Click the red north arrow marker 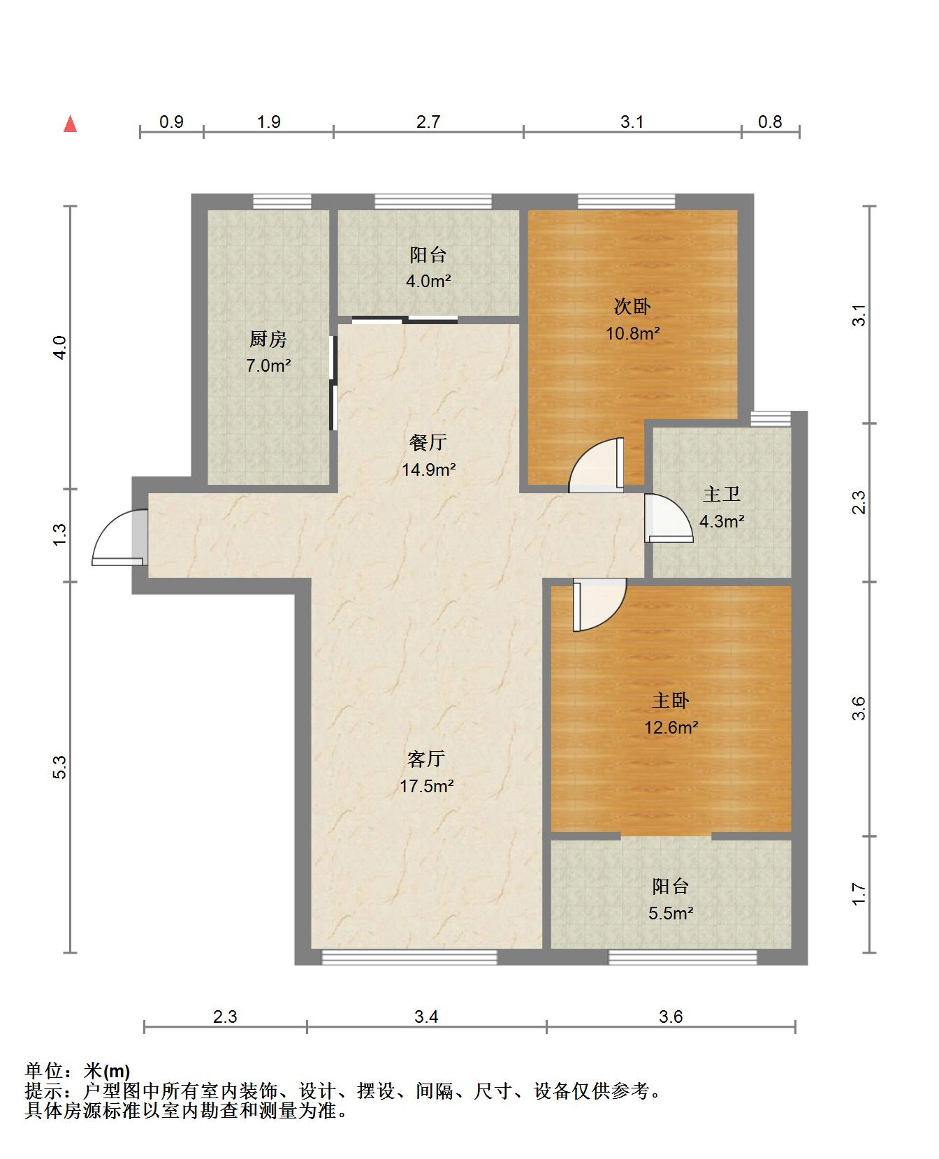pyautogui.click(x=70, y=124)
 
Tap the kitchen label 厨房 pyautogui.click(x=268, y=340)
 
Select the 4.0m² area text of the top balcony pyautogui.click(x=429, y=282)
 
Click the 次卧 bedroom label pyautogui.click(x=632, y=306)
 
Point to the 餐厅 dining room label pyautogui.click(x=428, y=442)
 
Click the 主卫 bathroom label pyautogui.click(x=722, y=495)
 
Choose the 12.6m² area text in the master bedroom pyautogui.click(x=671, y=728)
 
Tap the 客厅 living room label pyautogui.click(x=426, y=759)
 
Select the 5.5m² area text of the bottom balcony pyautogui.click(x=671, y=913)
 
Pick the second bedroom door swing pyautogui.click(x=596, y=465)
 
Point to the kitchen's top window pyautogui.click(x=282, y=202)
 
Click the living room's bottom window pyautogui.click(x=409, y=957)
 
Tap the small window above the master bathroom pyautogui.click(x=771, y=418)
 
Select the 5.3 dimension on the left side pyautogui.click(x=60, y=767)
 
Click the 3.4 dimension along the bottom pyautogui.click(x=426, y=1016)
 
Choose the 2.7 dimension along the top pyautogui.click(x=428, y=122)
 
